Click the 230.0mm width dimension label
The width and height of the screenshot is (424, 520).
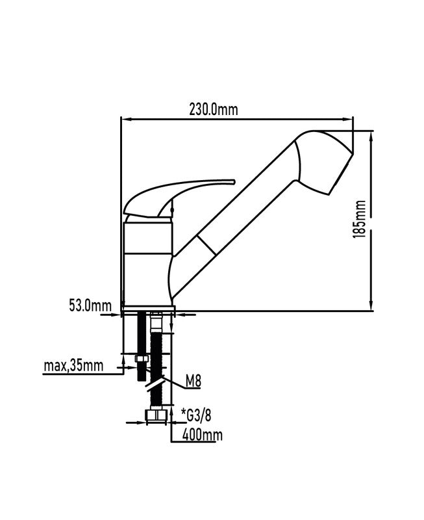click(214, 109)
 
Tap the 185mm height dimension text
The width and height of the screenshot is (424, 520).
click(360, 219)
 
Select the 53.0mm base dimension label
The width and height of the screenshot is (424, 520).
click(90, 305)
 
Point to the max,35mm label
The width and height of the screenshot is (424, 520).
click(73, 366)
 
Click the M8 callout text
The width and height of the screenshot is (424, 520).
click(193, 382)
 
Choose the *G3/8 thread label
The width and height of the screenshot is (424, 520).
click(196, 415)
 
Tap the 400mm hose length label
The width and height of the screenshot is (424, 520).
click(203, 435)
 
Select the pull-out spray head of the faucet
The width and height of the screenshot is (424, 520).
click(323, 162)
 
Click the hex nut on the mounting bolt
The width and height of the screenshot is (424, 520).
click(142, 359)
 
